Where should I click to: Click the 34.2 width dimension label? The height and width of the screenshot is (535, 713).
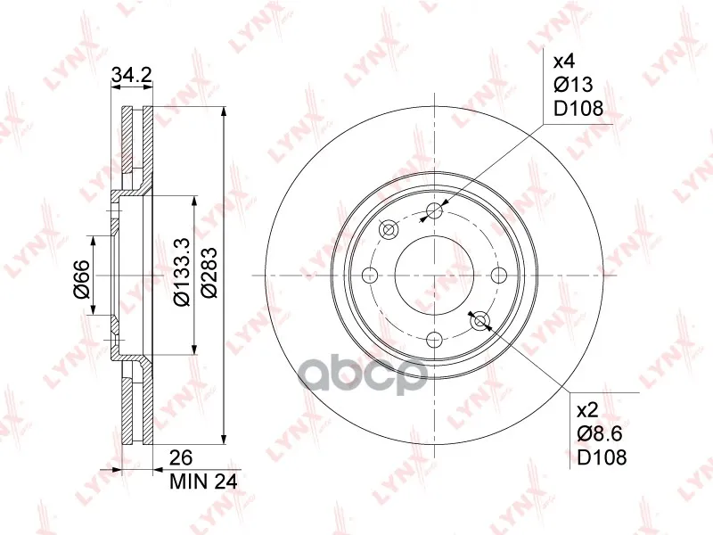point(131,75)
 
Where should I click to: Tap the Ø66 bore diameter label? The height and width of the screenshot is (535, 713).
point(81,279)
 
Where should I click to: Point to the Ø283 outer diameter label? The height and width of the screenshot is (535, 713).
point(209,273)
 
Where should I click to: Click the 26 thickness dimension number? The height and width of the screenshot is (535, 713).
point(181,457)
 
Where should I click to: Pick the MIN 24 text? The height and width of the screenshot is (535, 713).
point(203,481)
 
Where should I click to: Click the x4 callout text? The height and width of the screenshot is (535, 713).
point(564,61)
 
